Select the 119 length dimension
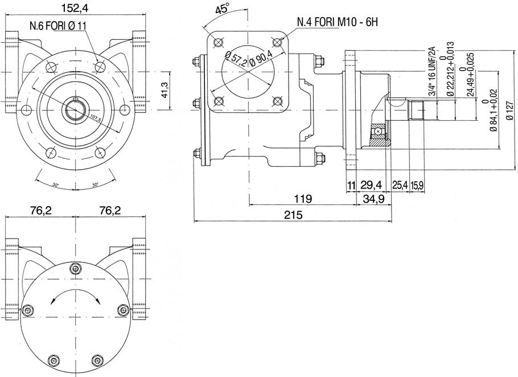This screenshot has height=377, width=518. point(302,199)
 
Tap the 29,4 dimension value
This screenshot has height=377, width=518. point(371,185)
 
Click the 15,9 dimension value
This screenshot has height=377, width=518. point(416,185)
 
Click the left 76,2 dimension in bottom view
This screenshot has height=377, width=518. point(40,211)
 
